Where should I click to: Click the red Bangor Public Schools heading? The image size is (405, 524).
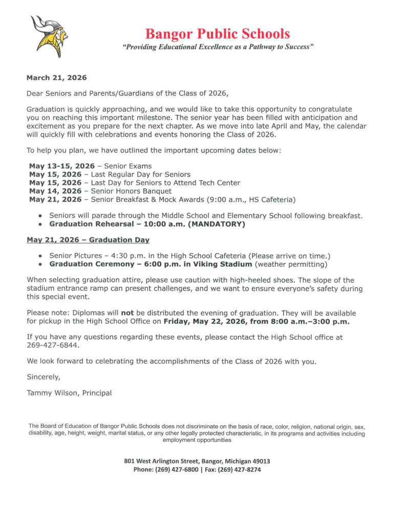[x=218, y=34]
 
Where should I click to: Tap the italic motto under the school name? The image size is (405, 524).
[x=218, y=47]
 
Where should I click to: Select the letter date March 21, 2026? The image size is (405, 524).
[x=56, y=78]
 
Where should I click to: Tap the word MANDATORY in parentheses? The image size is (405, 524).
[x=217, y=224]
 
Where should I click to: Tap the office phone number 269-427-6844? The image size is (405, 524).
[x=53, y=345]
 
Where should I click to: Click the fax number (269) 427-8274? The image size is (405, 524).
[x=240, y=469]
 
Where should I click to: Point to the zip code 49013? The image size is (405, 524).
[x=260, y=461]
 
